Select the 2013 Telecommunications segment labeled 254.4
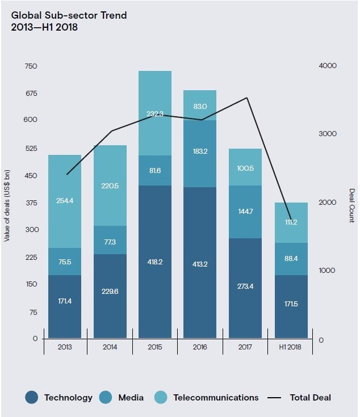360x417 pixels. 64,201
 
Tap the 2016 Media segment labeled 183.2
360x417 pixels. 200,153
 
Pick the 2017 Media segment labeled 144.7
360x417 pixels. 245,211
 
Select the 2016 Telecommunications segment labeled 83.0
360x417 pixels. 200,106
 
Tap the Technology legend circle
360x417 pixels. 32,398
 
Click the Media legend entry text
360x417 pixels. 131,398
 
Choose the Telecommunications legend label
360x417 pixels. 216,398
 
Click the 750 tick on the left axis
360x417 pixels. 31,66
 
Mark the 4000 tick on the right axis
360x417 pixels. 328,66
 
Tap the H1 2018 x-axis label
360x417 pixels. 291,347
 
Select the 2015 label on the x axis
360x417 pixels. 154,347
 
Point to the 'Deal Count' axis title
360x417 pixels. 351,205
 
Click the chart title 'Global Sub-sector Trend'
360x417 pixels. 69,15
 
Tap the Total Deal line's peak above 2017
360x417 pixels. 246,98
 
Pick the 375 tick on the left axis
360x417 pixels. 31,203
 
